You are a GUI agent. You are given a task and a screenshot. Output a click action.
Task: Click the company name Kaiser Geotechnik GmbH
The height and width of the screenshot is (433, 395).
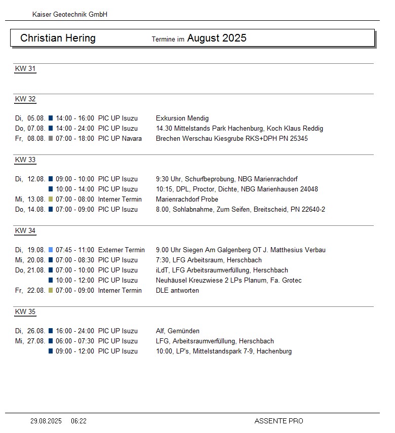70,15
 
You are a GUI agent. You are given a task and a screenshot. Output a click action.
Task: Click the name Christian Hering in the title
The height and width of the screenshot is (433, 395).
58,38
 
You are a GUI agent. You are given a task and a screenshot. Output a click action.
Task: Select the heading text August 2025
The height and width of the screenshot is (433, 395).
217,38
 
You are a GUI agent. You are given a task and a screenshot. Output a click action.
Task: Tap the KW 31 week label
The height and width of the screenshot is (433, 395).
25,69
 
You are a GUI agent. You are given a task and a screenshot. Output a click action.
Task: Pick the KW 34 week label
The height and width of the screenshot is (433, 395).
25,231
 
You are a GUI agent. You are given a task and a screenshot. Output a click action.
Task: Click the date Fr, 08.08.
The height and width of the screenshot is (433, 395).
30,138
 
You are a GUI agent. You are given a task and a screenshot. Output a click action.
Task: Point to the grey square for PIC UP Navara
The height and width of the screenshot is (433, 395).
51,138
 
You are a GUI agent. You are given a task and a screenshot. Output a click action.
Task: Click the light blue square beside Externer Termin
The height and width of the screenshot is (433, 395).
51,250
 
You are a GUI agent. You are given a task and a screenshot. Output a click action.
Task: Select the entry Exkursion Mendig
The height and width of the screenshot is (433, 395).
182,118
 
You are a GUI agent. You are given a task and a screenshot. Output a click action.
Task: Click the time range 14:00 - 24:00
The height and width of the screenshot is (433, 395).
75,128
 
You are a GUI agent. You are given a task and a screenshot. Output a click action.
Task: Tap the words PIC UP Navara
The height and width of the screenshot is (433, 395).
120,138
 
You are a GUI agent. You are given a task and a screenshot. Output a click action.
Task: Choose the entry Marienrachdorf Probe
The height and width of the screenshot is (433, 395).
187,199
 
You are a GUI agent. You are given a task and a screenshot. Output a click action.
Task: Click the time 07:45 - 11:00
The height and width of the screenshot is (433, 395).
75,250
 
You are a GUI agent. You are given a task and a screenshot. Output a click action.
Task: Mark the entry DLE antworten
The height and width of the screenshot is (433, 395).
177,290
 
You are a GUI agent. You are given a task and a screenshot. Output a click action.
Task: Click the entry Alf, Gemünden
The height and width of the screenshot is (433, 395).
178,331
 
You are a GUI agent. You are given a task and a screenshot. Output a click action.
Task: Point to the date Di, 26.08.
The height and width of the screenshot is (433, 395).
30,331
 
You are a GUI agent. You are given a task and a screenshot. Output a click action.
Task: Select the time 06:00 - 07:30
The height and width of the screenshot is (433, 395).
75,341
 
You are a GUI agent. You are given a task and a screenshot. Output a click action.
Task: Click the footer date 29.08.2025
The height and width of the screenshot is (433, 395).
46,421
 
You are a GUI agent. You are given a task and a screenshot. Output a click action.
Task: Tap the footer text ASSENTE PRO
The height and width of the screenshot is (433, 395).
279,421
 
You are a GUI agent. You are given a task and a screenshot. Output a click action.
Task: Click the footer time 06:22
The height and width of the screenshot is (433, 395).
79,421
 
